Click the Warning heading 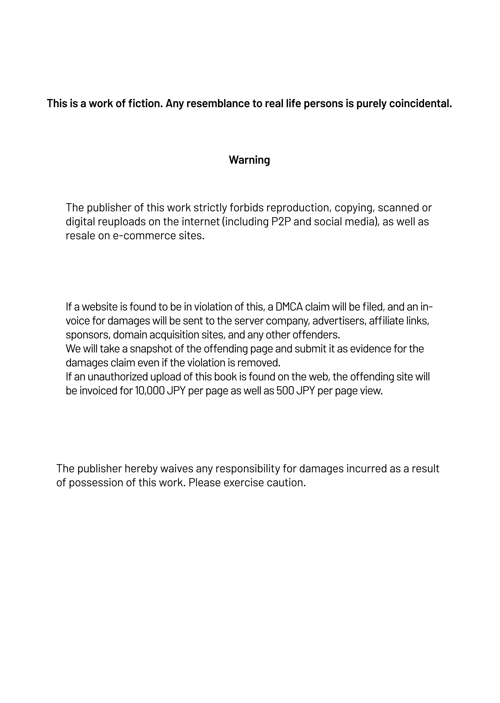point(249,160)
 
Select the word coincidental point(421,104)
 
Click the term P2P point(281,222)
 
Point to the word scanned point(398,208)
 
